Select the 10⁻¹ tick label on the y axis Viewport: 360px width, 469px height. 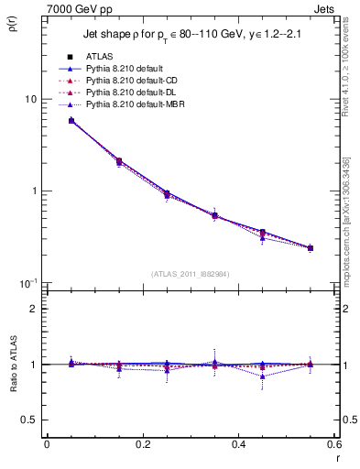click(27, 283)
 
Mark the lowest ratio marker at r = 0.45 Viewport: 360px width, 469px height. click(263, 376)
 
